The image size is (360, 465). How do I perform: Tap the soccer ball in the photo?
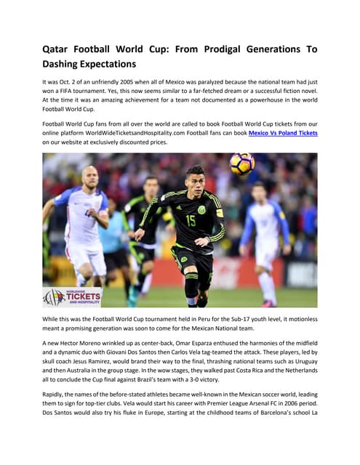tap(241, 163)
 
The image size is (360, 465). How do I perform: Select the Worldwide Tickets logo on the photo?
tap(73, 297)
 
